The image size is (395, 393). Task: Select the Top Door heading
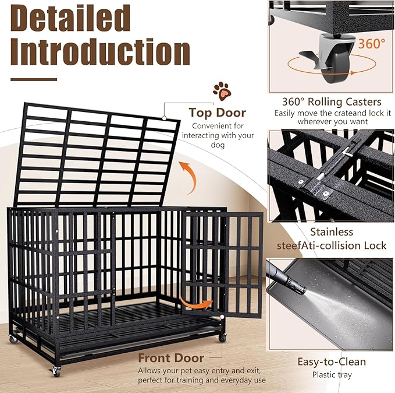[217, 113]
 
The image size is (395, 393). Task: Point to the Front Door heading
[171, 357]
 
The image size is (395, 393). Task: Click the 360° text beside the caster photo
[371, 44]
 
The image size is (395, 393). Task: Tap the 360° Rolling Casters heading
[332, 102]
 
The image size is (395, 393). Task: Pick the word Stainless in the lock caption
[332, 232]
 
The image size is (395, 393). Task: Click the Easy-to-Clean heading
[332, 362]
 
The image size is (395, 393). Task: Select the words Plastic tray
[332, 374]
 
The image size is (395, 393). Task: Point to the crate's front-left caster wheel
[56, 370]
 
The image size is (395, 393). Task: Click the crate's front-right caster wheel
[222, 337]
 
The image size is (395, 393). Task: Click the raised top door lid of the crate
[96, 155]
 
